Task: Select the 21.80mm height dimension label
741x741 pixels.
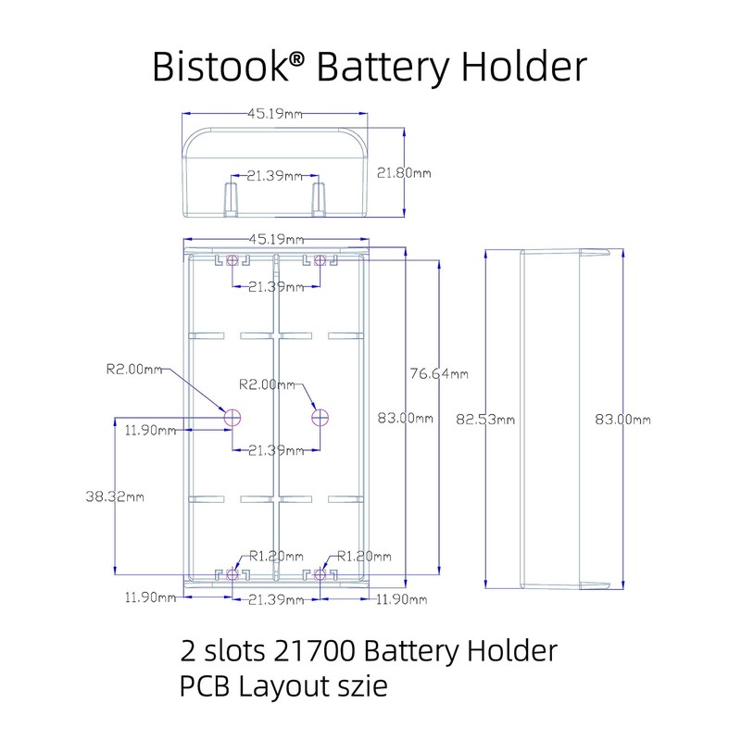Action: click(405, 173)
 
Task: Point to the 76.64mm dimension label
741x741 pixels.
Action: click(438, 373)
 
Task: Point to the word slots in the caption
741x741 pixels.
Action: click(234, 651)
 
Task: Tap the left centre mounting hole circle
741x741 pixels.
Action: click(232, 418)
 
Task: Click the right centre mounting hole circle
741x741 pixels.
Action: click(320, 418)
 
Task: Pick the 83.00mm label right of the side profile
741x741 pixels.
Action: click(622, 419)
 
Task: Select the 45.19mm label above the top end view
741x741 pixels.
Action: click(275, 114)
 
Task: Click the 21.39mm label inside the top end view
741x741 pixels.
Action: click(275, 176)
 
